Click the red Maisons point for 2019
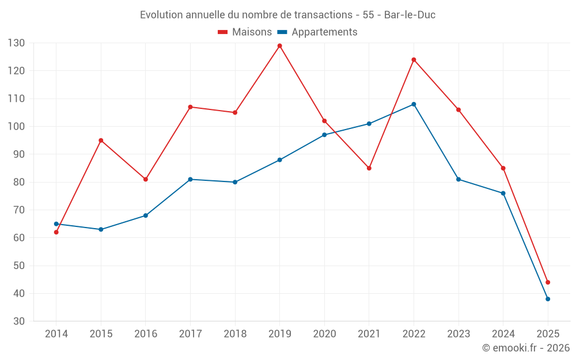click(280, 46)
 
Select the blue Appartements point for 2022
click(414, 104)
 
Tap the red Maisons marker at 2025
click(548, 282)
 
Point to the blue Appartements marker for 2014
click(56, 224)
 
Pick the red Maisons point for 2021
click(369, 168)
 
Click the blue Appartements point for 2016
click(146, 215)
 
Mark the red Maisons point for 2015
click(101, 141)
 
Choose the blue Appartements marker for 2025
click(548, 299)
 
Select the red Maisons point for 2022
click(414, 60)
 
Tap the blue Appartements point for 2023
click(458, 179)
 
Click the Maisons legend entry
click(245, 32)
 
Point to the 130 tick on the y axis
click(16, 43)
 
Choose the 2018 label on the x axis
click(235, 334)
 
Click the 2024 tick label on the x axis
click(503, 334)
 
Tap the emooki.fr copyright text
click(525, 348)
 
